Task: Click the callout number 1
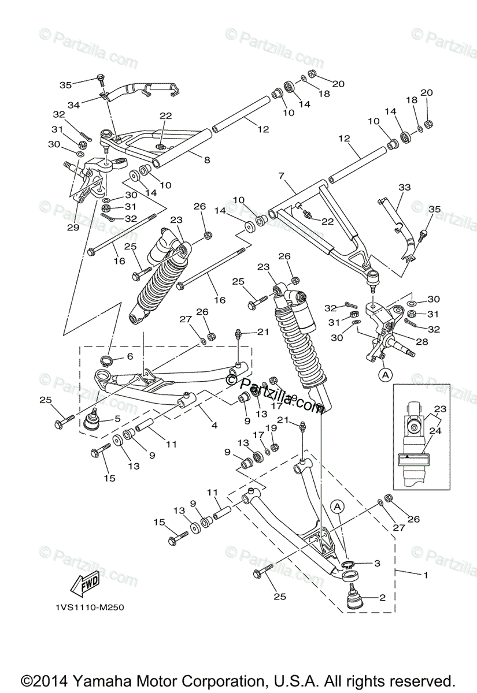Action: point(426,575)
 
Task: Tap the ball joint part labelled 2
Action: point(354,597)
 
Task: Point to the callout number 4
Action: point(214,426)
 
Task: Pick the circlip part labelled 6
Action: point(105,362)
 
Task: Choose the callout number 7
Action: point(282,175)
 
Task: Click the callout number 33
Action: point(404,187)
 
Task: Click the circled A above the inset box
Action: point(384,375)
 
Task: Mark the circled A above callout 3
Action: point(338,506)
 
